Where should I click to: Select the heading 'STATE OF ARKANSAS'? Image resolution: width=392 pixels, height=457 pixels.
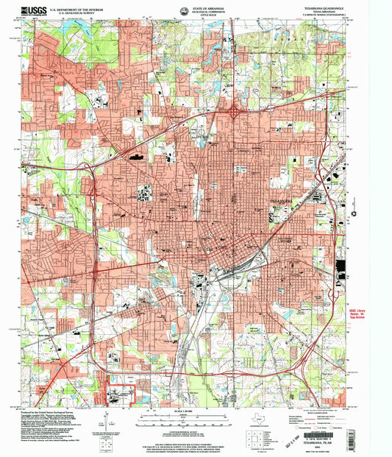pos(196,5)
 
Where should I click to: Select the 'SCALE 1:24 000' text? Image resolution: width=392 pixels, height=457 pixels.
pos(196,411)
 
